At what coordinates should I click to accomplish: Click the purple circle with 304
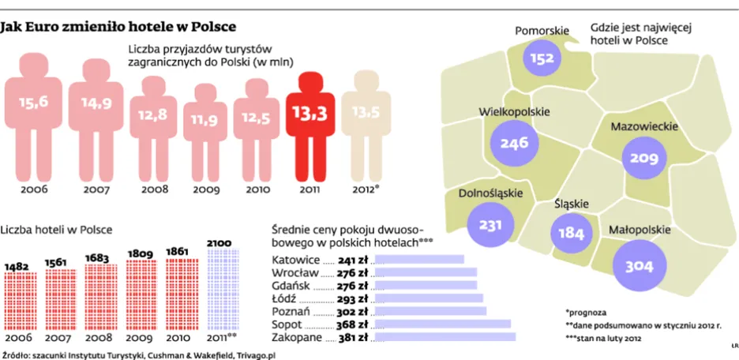click(640, 267)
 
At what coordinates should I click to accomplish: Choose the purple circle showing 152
click(542, 58)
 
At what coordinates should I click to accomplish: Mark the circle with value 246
click(514, 144)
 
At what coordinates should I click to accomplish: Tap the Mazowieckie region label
click(640, 125)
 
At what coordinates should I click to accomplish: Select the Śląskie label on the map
click(572, 204)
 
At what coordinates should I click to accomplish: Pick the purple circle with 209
click(643, 158)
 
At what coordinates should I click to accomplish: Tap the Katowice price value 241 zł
click(354, 259)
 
